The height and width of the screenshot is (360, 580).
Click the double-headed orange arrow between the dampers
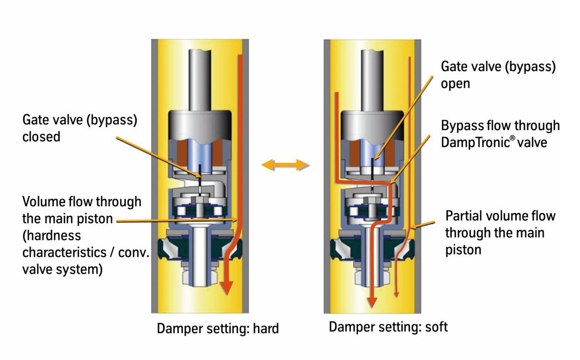click(285, 165)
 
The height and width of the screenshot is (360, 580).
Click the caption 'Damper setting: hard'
click(218, 329)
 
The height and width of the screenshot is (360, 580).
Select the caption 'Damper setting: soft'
click(388, 327)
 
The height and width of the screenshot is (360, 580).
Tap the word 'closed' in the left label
click(41, 137)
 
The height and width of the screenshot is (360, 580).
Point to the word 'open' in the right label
click(455, 84)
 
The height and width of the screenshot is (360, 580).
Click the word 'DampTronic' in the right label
click(475, 142)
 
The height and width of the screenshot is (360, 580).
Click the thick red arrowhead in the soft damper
click(372, 302)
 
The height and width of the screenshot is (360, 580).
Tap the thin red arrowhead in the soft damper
click(396, 295)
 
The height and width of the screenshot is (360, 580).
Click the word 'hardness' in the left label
click(52, 235)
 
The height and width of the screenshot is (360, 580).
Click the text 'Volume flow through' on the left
click(82, 201)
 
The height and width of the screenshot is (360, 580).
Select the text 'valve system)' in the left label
click(62, 269)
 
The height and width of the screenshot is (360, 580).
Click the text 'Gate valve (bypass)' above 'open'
click(498, 67)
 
